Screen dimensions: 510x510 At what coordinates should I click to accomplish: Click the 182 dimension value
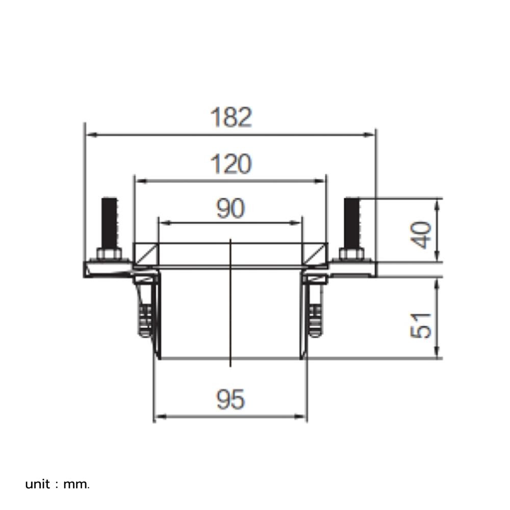point(231,118)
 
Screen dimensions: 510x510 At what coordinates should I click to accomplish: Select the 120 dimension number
point(231,165)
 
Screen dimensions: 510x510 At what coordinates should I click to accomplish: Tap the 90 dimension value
point(231,209)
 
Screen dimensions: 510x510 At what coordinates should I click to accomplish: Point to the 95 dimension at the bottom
point(231,399)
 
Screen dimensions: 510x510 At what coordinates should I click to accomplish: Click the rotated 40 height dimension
point(422,235)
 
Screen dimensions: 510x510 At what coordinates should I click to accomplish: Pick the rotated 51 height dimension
point(422,325)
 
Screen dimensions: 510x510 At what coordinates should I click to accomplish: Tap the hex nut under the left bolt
point(109,253)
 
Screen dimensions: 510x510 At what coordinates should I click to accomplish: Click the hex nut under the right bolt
point(352,253)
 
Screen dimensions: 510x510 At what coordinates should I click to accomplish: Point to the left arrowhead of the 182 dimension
point(90,135)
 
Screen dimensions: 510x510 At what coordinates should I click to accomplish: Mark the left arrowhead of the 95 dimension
point(159,417)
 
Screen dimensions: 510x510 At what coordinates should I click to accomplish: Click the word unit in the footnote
point(38,484)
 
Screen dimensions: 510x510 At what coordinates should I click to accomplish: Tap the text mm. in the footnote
point(76,484)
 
